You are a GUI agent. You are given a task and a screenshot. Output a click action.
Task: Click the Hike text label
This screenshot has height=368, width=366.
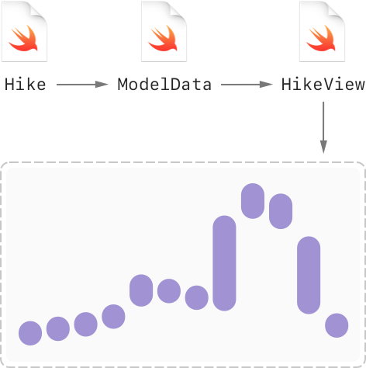point(26,85)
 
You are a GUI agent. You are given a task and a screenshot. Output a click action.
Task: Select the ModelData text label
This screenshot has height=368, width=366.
point(164,85)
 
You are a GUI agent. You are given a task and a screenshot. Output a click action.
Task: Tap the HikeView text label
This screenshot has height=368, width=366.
point(323,85)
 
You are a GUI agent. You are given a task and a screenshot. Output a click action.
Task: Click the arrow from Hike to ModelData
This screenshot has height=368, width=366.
point(82,85)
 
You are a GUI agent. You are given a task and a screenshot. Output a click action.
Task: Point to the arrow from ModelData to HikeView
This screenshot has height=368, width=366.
point(247,85)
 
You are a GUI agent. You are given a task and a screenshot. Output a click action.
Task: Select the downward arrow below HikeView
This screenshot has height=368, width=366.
point(323,127)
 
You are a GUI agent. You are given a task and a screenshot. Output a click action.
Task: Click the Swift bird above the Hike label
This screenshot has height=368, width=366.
point(24,38)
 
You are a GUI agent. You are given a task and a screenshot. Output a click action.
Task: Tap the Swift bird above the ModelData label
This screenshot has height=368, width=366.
point(163,38)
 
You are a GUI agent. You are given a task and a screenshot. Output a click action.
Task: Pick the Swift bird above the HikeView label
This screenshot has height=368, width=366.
point(321,38)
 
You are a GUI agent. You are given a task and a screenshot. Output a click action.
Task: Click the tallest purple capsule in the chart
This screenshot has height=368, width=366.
point(224,263)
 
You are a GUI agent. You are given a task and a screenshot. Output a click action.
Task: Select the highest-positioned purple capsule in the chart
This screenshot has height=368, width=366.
point(253,201)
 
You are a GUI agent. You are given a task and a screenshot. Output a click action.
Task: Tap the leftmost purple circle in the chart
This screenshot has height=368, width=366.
point(30,333)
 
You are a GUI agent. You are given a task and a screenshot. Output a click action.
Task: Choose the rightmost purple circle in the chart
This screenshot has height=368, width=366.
point(337,325)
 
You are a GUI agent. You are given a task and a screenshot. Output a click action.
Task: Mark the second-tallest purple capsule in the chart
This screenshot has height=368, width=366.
point(309,275)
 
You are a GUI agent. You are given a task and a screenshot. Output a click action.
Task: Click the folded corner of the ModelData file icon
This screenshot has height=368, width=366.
point(178,10)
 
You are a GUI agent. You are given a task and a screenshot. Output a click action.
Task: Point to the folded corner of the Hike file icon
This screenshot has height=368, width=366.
point(39,10)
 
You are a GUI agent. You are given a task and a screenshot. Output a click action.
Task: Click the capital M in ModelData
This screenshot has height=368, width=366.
point(123,85)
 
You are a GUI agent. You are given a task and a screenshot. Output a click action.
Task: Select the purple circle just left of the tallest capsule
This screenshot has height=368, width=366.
point(197,297)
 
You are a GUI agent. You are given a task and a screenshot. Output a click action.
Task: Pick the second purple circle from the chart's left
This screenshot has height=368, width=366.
point(58,328)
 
